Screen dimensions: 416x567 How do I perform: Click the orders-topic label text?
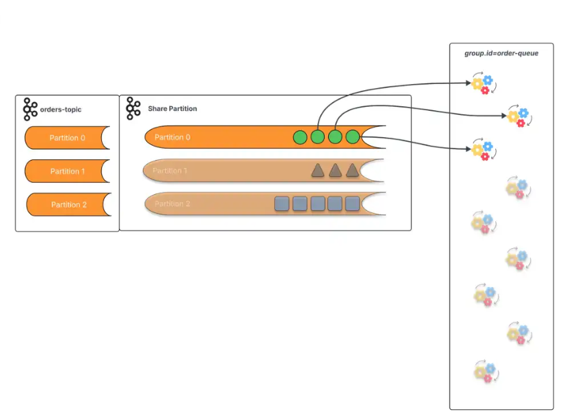[x=61, y=110]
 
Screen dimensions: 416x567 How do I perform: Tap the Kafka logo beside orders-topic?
[x=30, y=109]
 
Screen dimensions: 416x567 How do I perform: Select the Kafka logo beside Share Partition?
[x=134, y=108]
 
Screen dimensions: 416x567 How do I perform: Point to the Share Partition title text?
[x=172, y=109]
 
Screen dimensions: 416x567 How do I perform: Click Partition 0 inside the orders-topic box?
[x=67, y=138]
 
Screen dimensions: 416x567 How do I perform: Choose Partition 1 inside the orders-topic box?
[x=67, y=171]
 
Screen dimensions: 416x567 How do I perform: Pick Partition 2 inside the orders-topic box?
[x=68, y=204]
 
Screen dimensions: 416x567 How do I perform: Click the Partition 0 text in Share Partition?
[x=172, y=137]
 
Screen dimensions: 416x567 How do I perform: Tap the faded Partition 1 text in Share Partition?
[x=170, y=171]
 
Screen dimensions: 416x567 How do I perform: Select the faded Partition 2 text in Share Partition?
[x=172, y=204]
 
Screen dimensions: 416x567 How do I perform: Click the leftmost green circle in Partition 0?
[x=300, y=138]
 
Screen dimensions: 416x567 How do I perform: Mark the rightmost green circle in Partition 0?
[x=353, y=138]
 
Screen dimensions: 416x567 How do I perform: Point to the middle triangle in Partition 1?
[x=336, y=171]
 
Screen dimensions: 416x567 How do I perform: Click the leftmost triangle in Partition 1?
[x=318, y=171]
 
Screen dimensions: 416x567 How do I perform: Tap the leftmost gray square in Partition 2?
[x=282, y=204]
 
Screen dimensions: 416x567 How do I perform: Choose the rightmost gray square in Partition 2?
[x=352, y=204]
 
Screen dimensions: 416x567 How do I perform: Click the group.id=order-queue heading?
[x=501, y=53]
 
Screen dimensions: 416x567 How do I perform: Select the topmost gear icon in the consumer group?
[x=482, y=84]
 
